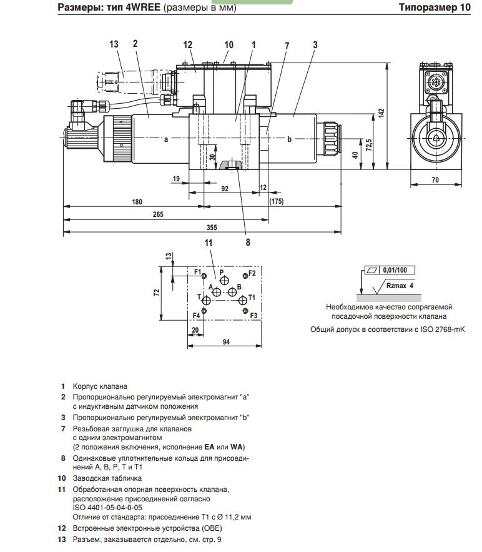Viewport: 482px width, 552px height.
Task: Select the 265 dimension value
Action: click(x=157, y=214)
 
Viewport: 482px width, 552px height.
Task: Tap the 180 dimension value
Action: click(x=137, y=201)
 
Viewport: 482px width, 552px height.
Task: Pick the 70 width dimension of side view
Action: click(x=435, y=180)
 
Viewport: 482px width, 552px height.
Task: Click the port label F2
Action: click(x=252, y=273)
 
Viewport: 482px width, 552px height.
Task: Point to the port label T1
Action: click(x=252, y=297)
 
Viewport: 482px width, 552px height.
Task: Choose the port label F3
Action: click(x=253, y=316)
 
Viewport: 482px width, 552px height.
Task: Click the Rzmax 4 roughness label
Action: click(x=400, y=286)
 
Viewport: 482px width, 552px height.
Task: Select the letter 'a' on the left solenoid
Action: click(x=166, y=139)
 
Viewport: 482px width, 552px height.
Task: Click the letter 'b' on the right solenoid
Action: click(x=289, y=139)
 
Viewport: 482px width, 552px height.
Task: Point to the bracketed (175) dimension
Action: click(x=276, y=201)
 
